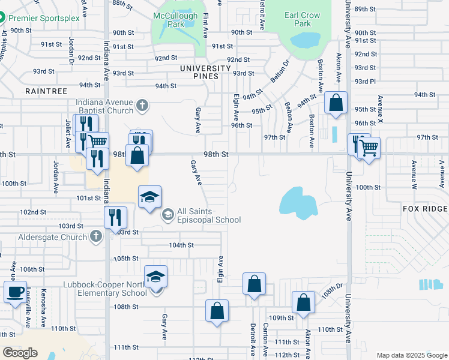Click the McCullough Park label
tap(175, 19)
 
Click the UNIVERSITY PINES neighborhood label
tap(206, 68)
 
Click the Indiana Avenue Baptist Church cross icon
tap(142, 106)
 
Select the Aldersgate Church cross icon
tap(95, 237)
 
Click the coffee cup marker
tap(15, 292)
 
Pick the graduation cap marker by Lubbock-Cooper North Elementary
tap(155, 277)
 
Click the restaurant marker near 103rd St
tap(115, 217)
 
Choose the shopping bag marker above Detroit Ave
tap(254, 283)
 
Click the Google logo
tap(20, 353)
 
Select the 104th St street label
tap(181, 245)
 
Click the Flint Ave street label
tap(205, 23)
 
